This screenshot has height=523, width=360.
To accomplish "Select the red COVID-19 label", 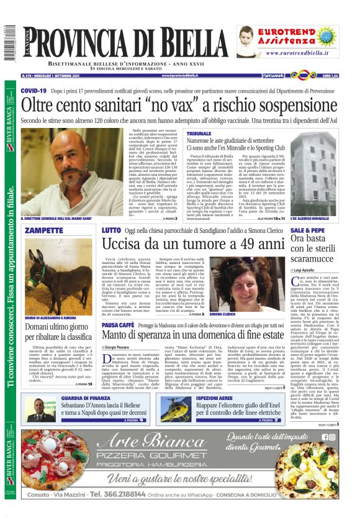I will (34, 91).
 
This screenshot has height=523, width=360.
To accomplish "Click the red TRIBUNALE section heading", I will (199, 134).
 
